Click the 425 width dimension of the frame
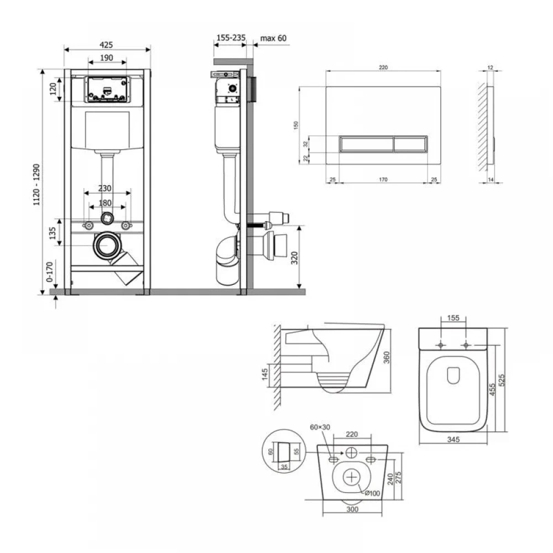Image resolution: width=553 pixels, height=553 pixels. click(x=106, y=45)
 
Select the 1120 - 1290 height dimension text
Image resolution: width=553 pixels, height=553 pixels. click(x=36, y=185)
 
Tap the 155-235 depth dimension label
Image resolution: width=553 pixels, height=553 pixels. click(x=231, y=38)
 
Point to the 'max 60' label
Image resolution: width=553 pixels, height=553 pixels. click(x=273, y=38)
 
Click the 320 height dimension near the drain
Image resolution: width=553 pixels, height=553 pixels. click(x=295, y=258)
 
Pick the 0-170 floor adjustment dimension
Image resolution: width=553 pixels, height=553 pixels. click(x=49, y=272)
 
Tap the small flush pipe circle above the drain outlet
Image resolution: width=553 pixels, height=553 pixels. click(x=107, y=218)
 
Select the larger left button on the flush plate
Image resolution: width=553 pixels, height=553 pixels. click(x=367, y=144)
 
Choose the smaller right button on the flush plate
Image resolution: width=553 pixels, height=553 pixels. click(x=410, y=144)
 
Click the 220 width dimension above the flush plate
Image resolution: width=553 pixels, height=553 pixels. click(x=383, y=67)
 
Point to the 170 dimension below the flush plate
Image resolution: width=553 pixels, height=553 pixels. click(x=383, y=180)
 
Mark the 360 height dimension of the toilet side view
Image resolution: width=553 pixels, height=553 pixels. click(x=387, y=357)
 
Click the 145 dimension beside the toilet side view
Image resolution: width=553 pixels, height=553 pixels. click(x=265, y=374)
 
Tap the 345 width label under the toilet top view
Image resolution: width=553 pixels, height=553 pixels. click(x=453, y=440)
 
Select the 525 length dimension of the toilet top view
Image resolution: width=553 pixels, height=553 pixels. click(x=502, y=380)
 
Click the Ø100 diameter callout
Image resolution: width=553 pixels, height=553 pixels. click(x=372, y=493)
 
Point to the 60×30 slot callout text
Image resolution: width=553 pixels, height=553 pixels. click(x=320, y=427)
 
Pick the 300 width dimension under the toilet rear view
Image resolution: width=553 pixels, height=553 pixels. click(x=352, y=509)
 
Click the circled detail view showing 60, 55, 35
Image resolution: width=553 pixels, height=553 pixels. click(x=284, y=451)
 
